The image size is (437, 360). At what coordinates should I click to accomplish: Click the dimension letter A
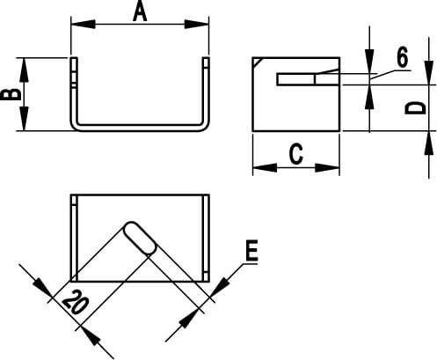(x=140, y=12)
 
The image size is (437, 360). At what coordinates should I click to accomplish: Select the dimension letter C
(x=296, y=153)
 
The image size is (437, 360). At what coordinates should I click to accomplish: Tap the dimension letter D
(x=415, y=108)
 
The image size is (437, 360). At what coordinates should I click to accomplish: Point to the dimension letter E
(x=251, y=250)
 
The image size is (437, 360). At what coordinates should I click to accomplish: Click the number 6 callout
(x=402, y=57)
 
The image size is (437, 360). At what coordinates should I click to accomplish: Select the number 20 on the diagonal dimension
(x=75, y=302)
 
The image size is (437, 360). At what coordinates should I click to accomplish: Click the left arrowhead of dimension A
(x=84, y=24)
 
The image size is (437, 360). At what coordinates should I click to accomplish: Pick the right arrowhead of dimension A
(x=196, y=24)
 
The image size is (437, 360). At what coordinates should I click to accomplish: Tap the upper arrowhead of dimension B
(x=24, y=70)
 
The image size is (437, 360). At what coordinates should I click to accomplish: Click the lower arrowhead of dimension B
(x=24, y=119)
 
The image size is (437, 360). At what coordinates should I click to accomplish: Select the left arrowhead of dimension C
(x=265, y=168)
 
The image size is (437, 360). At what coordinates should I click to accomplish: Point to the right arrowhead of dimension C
(x=327, y=168)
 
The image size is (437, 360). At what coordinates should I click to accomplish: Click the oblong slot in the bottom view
(x=140, y=238)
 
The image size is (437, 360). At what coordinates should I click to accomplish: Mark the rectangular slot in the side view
(x=308, y=79)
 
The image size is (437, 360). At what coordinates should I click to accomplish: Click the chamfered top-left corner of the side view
(x=257, y=62)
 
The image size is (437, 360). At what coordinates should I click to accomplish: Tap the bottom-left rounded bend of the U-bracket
(x=75, y=126)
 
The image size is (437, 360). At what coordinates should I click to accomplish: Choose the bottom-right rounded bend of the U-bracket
(x=204, y=126)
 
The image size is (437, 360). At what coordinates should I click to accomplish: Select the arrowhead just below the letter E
(x=222, y=283)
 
